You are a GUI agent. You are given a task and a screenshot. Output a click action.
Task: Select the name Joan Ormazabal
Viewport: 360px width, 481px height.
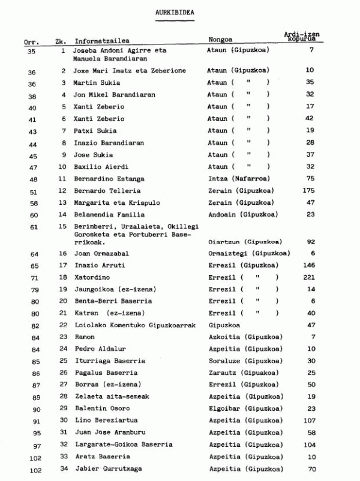tap(97, 254)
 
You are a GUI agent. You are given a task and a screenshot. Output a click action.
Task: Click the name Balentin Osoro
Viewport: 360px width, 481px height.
tap(98, 408)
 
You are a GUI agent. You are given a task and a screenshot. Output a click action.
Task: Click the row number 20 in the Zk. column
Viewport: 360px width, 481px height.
tap(62, 301)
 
